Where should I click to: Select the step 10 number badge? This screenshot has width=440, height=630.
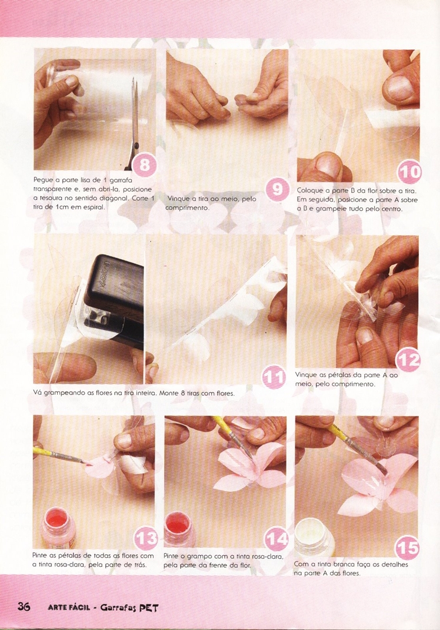click(409, 172)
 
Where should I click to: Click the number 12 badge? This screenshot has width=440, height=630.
click(408, 360)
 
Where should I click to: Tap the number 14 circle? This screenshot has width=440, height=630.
click(276, 538)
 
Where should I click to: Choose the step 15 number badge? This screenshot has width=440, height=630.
click(408, 547)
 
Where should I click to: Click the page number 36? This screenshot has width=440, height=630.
click(24, 606)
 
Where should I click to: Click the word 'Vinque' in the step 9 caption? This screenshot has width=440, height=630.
click(179, 199)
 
